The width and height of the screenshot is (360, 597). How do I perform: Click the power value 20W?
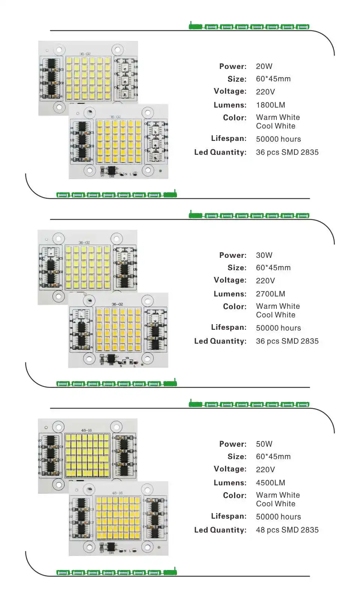point(264,66)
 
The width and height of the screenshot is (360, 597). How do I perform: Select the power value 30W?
point(264,255)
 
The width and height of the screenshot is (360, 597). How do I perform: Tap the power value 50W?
point(264,444)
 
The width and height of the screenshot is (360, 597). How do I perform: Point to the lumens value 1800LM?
point(270,105)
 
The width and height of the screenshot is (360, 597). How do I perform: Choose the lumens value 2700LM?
point(270,294)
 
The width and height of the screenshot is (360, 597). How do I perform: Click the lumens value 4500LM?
point(270,483)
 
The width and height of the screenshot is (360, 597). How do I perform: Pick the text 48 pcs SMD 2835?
point(287,530)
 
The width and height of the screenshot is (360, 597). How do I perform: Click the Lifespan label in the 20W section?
point(229,138)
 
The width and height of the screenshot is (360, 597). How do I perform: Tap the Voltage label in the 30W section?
point(230,280)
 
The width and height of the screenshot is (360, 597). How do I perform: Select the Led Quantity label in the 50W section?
point(220,530)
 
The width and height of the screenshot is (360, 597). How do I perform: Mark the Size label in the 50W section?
point(237,456)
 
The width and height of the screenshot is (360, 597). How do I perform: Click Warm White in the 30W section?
point(278,306)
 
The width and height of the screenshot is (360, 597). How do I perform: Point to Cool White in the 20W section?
point(276,126)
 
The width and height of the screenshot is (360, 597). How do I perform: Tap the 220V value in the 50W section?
point(265,469)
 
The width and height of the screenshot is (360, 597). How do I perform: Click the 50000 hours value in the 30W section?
point(278,328)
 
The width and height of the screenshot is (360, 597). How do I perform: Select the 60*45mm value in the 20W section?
point(273,79)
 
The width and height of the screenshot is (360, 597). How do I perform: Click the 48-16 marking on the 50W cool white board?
point(86,430)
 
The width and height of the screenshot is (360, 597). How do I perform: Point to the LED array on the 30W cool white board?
point(87,267)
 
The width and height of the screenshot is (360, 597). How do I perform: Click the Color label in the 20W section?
point(234,118)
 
